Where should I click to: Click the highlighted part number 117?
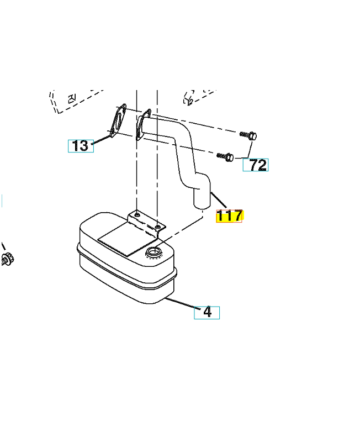[229, 216]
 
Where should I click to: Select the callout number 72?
[256, 165]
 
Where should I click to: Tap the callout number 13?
[81, 146]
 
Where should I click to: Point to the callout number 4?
[207, 313]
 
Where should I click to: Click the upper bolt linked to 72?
[248, 135]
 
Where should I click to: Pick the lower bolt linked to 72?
[226, 156]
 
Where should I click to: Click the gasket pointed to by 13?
[118, 122]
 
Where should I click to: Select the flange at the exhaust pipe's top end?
[143, 124]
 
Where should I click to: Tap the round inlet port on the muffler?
[154, 251]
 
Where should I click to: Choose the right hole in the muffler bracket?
[158, 226]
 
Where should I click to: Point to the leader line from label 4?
[183, 303]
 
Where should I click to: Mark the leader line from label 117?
[218, 200]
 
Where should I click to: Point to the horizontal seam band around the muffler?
[127, 268]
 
